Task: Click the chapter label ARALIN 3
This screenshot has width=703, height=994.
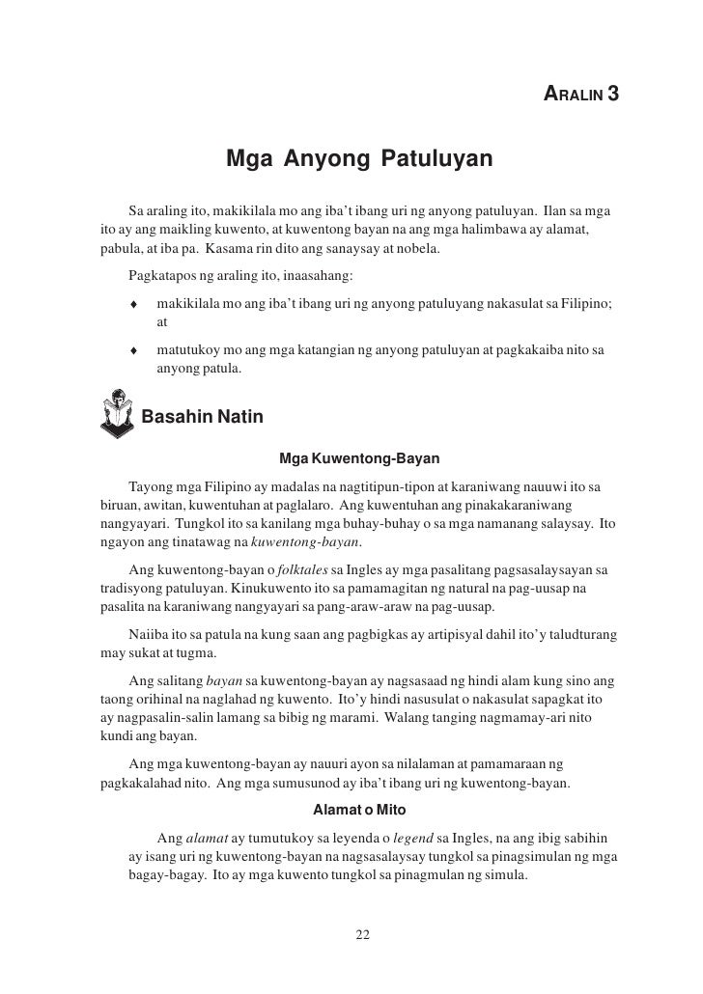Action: coord(581,95)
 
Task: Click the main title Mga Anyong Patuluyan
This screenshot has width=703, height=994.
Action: coord(359,157)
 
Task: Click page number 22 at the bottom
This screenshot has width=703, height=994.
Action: coord(363,934)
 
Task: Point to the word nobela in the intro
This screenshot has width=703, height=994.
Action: coord(416,249)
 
